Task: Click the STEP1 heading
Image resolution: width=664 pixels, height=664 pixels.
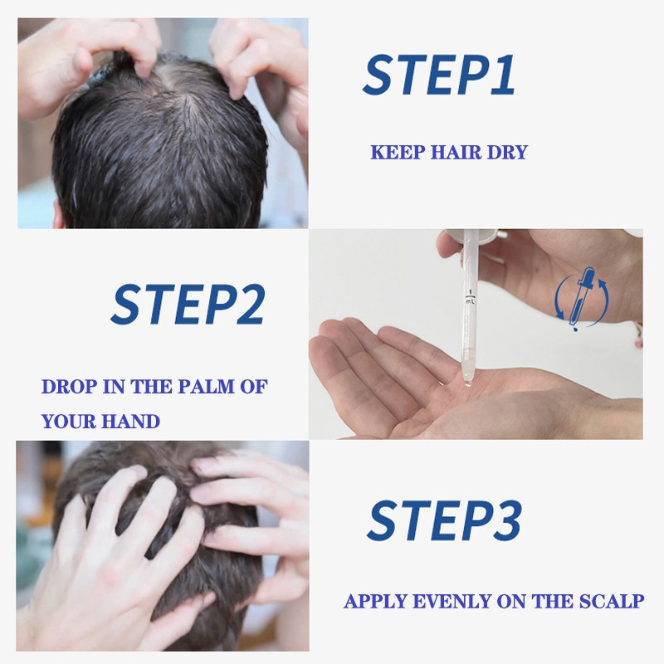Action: (x=439, y=75)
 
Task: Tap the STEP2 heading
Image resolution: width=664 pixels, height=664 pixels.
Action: (x=188, y=305)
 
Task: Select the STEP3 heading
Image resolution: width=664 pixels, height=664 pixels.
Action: (x=444, y=520)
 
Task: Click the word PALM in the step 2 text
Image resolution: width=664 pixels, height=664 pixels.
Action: (x=206, y=387)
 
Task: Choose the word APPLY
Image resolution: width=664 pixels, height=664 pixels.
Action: (x=376, y=601)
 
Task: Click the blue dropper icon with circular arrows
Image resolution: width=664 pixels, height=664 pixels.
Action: (x=582, y=299)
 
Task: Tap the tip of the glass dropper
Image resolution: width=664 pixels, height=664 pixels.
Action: (x=467, y=383)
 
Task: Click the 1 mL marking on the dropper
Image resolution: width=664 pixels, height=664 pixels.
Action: (x=471, y=297)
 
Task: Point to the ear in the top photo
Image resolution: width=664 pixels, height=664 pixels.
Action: (x=58, y=215)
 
